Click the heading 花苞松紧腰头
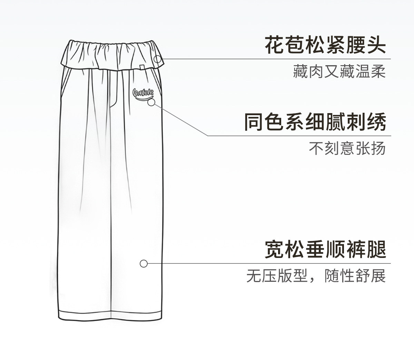(x=325, y=45)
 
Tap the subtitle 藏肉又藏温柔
(x=339, y=71)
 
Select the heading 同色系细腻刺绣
(x=315, y=122)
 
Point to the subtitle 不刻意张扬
(x=347, y=149)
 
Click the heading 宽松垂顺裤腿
(x=325, y=249)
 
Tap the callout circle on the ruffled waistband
(x=158, y=59)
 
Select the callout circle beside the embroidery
(x=151, y=102)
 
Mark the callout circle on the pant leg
(x=144, y=264)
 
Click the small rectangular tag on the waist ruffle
(x=142, y=67)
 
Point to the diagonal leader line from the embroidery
(x=179, y=119)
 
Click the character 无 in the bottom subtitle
(x=253, y=276)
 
